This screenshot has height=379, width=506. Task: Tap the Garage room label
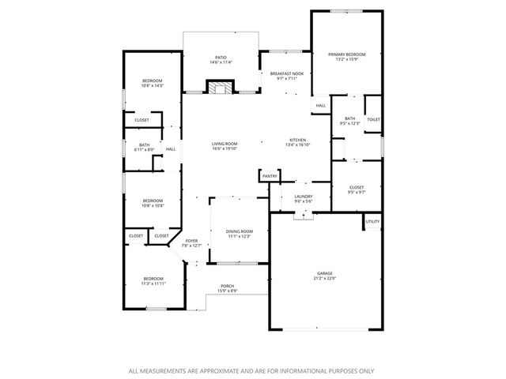(326, 272)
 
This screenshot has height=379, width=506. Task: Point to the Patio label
(221, 58)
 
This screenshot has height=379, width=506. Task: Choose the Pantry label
(270, 175)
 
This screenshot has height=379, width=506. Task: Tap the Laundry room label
(303, 197)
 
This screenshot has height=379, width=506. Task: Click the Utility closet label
(372, 221)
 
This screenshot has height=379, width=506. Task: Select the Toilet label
(373, 119)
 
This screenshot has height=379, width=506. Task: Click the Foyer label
(191, 241)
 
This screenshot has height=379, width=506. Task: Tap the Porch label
(227, 286)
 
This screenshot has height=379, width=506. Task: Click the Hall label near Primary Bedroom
(321, 105)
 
